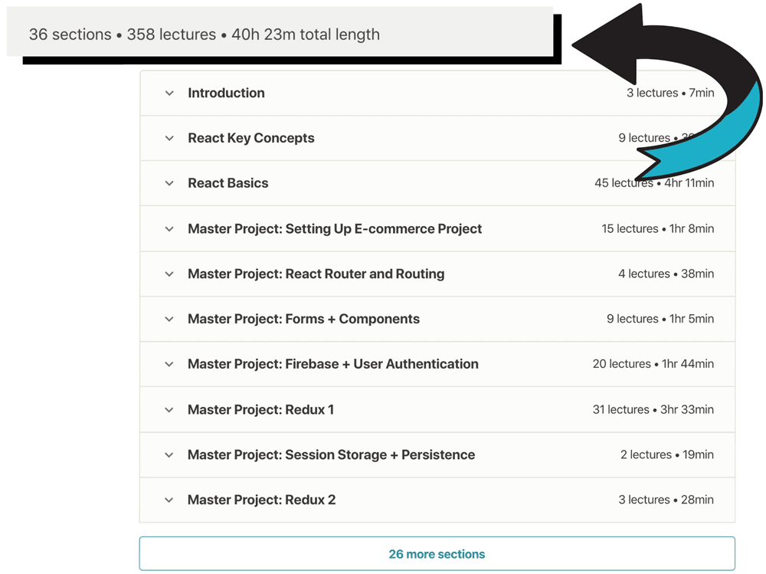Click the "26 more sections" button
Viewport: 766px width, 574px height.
[x=437, y=554]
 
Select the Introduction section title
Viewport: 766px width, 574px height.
[x=226, y=93]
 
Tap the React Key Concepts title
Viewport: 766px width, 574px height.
[x=250, y=138]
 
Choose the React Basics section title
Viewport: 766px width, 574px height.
[x=228, y=183]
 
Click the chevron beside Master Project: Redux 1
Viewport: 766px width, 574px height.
[x=169, y=410]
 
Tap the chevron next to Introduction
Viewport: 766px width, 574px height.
[x=169, y=93]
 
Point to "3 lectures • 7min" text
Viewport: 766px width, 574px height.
[x=669, y=93]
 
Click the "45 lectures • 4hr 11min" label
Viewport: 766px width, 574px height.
[x=653, y=183]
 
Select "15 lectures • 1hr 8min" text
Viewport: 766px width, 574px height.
[x=657, y=228]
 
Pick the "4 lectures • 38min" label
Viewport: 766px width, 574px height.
[x=666, y=274]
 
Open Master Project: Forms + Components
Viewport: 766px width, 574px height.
[x=303, y=319]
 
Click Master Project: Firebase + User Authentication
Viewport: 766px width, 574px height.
[x=332, y=364]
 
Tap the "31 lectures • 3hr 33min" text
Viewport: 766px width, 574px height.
[x=653, y=409]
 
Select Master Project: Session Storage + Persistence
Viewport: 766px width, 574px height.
[x=331, y=454]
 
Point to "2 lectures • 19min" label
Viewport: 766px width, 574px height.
[x=666, y=454]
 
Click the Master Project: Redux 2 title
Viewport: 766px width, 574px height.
[x=261, y=500]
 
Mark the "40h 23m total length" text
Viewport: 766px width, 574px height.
[x=305, y=34]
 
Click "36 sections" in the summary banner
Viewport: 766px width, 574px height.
[x=70, y=34]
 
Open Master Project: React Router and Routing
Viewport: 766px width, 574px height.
[x=316, y=274]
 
